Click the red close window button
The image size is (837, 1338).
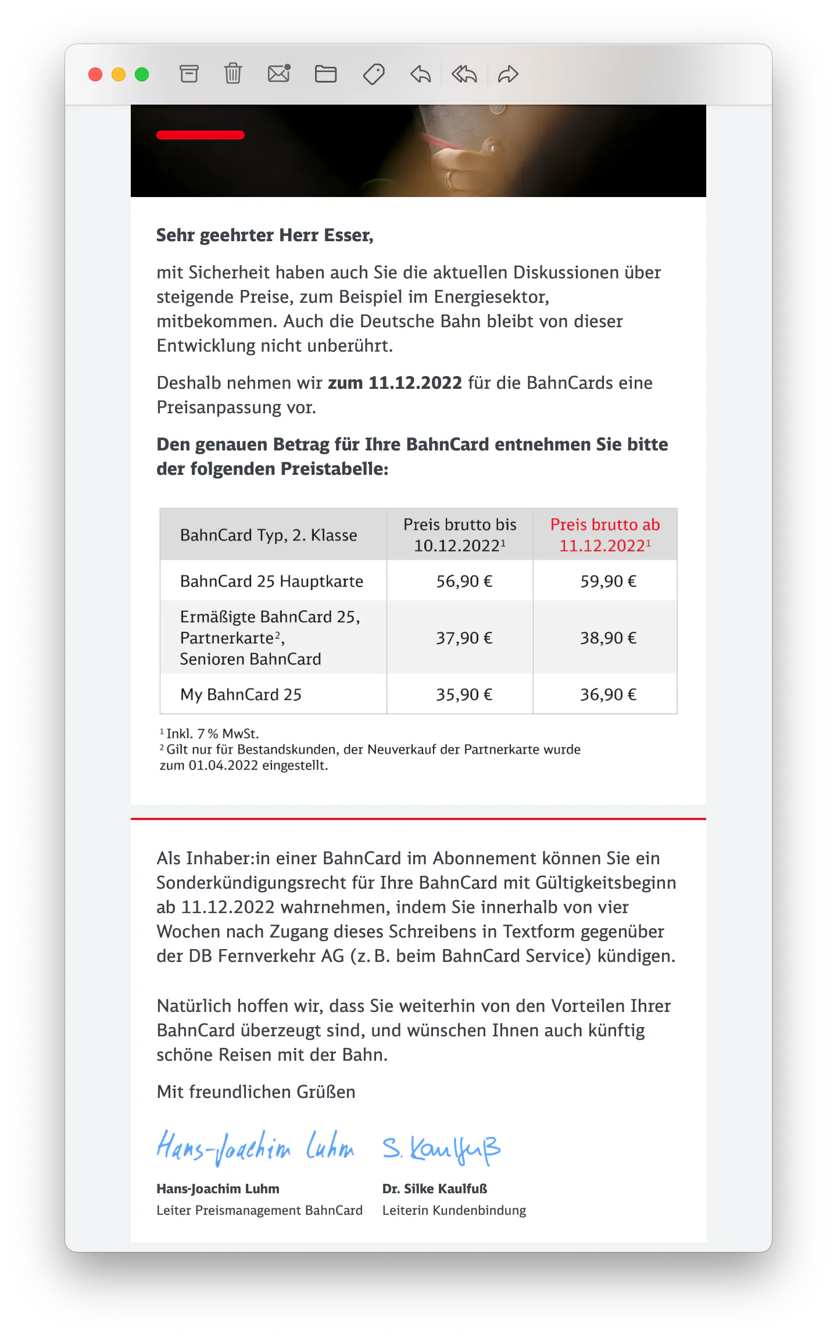(x=95, y=74)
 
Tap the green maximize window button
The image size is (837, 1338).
(x=142, y=74)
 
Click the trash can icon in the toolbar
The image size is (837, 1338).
(x=233, y=74)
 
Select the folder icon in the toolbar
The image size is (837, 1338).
(x=325, y=74)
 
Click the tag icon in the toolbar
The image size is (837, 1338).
(x=374, y=74)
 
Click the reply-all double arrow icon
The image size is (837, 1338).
(x=464, y=74)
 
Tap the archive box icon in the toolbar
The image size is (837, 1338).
(x=189, y=74)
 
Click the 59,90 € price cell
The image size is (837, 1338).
(x=608, y=581)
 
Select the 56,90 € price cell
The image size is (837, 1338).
(x=464, y=581)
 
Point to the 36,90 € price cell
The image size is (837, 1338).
(x=608, y=695)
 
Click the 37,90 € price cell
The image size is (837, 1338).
(x=464, y=638)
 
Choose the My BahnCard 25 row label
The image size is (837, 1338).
(x=241, y=695)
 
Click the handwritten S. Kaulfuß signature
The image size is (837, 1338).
(x=441, y=1149)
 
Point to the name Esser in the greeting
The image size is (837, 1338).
(x=348, y=235)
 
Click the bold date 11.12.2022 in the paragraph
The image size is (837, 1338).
(x=415, y=383)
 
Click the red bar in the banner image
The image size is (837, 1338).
(x=200, y=135)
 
